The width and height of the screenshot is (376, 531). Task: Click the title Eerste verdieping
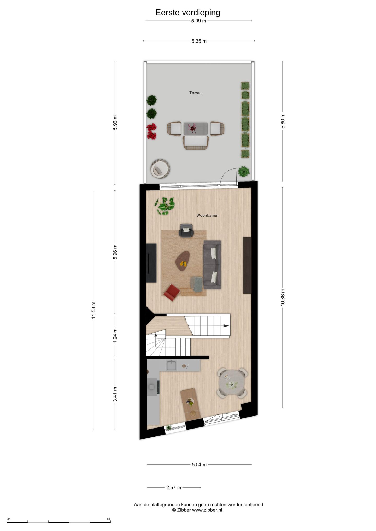point(188,13)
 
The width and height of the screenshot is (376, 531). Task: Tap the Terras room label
point(195,93)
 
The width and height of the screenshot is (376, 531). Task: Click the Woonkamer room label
point(208,215)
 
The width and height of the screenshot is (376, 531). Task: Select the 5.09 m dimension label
point(199,21)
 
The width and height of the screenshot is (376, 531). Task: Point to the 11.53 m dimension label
point(93,310)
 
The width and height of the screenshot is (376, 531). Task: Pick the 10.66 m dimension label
point(283,297)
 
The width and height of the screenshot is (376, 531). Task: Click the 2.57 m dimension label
point(174,487)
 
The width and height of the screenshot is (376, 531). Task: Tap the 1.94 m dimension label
point(115,336)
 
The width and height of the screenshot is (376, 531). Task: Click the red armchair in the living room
point(172,292)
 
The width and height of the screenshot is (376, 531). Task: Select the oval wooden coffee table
point(182,261)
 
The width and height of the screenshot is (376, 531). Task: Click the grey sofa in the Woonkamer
point(212,265)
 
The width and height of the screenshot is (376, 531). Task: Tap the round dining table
point(232,383)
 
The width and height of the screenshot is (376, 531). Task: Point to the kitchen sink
point(172,365)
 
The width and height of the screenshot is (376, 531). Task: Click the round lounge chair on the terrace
point(160,168)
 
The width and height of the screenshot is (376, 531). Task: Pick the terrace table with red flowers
point(196,129)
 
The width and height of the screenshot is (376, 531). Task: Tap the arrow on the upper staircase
point(226,326)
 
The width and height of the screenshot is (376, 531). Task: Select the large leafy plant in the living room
point(164,206)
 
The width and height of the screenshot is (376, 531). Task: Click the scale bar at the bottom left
point(59,522)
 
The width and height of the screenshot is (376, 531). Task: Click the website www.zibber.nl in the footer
point(207,510)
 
